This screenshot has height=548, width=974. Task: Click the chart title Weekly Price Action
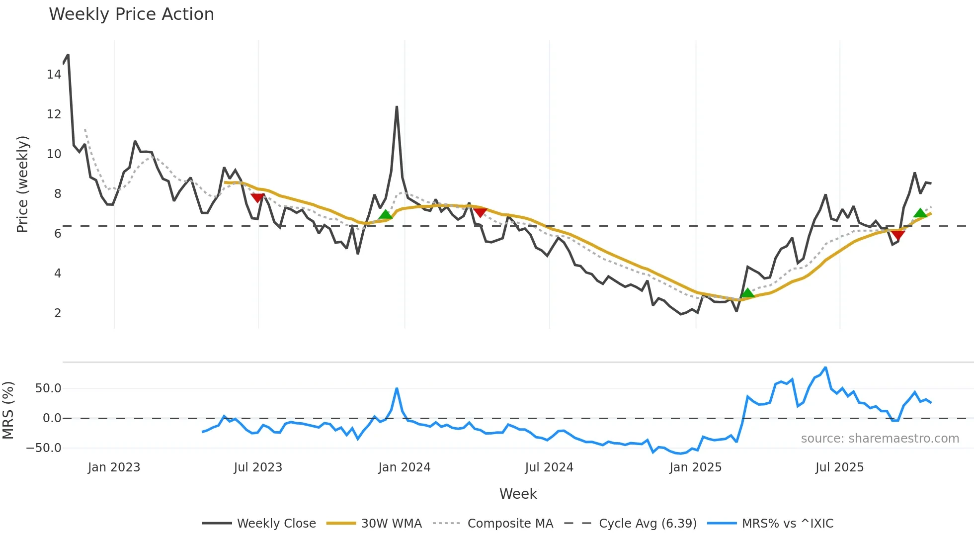point(131,14)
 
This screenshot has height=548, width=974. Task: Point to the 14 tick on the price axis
point(54,75)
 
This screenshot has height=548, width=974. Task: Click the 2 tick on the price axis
point(58,313)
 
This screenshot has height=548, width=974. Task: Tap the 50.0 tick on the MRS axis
point(48,388)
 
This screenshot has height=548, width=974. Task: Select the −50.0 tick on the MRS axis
point(44,448)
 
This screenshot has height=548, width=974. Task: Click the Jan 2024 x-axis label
point(404,467)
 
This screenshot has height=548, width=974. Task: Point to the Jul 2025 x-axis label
point(839,467)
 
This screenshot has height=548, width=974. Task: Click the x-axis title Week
point(518,494)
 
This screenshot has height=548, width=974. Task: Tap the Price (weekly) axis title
point(22,184)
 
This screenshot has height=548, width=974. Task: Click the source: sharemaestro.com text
point(880,439)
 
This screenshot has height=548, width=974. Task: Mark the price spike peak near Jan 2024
point(397,106)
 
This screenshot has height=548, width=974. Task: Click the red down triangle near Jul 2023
point(257,197)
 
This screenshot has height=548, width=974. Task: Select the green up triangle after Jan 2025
point(747,293)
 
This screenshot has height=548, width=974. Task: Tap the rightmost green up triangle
point(920,213)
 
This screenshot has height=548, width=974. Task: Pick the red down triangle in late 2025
point(897,235)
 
